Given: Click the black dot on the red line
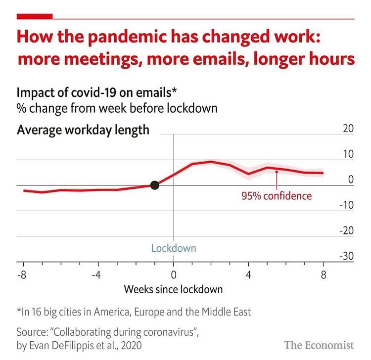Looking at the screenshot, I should tap(154, 185).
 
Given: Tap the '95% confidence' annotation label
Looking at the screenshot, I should tap(277, 196).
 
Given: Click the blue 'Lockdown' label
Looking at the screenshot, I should tap(173, 248).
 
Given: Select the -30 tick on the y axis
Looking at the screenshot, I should tap(346, 256).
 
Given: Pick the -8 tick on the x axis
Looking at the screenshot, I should tap(22, 275).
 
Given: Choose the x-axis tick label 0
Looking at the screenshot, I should tap(173, 275).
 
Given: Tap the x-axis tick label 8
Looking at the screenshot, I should tap(324, 275).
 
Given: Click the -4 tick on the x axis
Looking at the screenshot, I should tap(97, 275).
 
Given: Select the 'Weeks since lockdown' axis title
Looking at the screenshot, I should tap(173, 289).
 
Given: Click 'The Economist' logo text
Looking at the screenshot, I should tap(319, 345).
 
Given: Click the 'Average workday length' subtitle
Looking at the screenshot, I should tap(83, 131).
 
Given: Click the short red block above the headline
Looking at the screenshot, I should tap(35, 17).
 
